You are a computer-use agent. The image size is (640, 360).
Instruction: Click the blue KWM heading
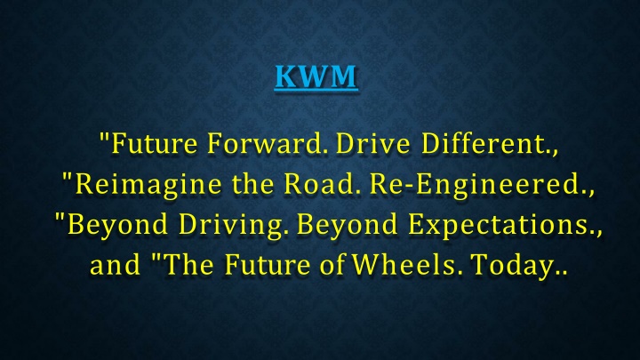click(316, 76)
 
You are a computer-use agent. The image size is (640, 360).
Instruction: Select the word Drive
click(372, 144)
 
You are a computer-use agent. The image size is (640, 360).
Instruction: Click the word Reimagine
click(148, 185)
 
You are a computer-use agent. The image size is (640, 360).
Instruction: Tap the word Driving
click(230, 225)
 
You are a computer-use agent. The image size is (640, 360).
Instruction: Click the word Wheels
click(407, 265)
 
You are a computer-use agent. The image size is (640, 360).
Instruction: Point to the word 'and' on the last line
click(115, 265)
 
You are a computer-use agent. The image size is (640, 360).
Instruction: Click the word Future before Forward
click(155, 144)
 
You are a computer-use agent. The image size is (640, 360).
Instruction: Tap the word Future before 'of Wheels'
click(267, 265)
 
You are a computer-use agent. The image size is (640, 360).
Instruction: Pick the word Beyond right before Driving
click(117, 225)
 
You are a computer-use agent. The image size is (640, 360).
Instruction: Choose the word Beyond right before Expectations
click(347, 225)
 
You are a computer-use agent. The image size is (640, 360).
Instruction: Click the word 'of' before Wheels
click(332, 265)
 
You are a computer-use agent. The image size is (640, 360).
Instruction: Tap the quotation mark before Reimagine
click(67, 178)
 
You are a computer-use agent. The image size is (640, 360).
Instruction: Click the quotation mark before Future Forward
click(105, 138)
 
